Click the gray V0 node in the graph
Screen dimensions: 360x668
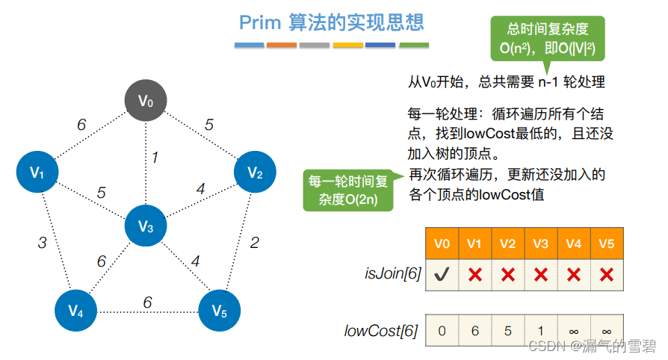point(145,101)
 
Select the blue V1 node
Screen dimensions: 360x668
point(37,172)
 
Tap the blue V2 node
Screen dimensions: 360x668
point(255,173)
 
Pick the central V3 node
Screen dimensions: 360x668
point(145,226)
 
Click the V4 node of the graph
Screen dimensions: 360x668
point(76,310)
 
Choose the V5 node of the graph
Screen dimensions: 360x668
point(219,310)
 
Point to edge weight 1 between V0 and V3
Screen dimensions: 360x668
point(155,158)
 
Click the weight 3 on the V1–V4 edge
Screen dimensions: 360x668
point(43,242)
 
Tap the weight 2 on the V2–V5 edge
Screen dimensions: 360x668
point(255,242)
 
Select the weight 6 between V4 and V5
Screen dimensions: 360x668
point(147,302)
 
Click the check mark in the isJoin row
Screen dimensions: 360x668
point(442,274)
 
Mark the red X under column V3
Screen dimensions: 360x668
point(541,274)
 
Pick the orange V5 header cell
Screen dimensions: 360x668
point(607,243)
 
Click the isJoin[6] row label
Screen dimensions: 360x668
point(392,274)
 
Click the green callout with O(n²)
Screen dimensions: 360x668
point(547,40)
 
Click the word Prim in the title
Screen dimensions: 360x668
point(259,22)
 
